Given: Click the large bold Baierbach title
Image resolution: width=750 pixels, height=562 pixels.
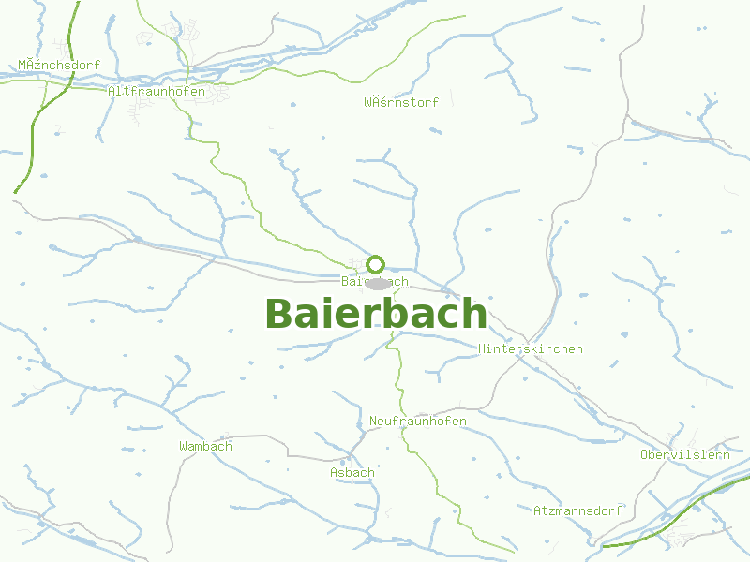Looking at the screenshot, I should [376, 314].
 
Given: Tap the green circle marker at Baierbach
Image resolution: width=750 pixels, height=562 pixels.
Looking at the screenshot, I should [376, 264].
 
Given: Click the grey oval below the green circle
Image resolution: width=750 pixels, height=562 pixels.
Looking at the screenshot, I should [378, 283].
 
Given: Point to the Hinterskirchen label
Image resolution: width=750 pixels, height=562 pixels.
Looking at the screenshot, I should [531, 348].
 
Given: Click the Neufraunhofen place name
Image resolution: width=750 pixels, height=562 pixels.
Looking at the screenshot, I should [418, 421].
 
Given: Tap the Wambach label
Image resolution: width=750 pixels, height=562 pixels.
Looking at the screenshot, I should [205, 446].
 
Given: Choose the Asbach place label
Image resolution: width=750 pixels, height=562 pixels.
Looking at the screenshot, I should [352, 472].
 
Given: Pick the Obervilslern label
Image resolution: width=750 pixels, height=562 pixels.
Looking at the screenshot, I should [684, 454].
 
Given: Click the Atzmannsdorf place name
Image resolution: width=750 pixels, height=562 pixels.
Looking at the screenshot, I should [577, 511].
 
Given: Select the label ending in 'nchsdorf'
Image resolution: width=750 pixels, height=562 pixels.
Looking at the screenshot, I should [59, 65].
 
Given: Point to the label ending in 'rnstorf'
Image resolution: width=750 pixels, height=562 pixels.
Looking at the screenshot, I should [401, 102].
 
